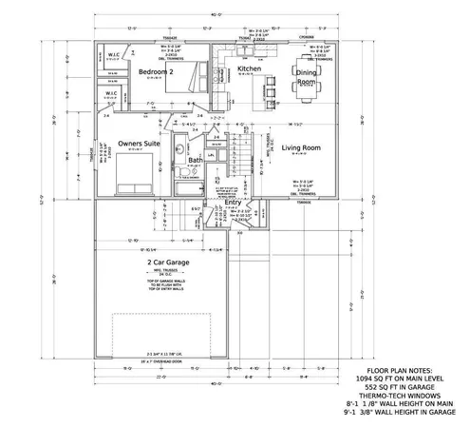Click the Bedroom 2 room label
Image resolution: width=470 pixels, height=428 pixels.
[x=156, y=72]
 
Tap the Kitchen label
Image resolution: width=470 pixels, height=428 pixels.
[x=249, y=70]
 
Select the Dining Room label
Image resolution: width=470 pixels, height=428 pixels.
[x=307, y=78]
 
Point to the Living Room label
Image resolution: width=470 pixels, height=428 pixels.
[x=300, y=148]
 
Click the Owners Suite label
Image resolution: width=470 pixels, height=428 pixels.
[x=138, y=144]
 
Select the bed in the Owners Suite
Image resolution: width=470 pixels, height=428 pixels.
[x=131, y=176]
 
